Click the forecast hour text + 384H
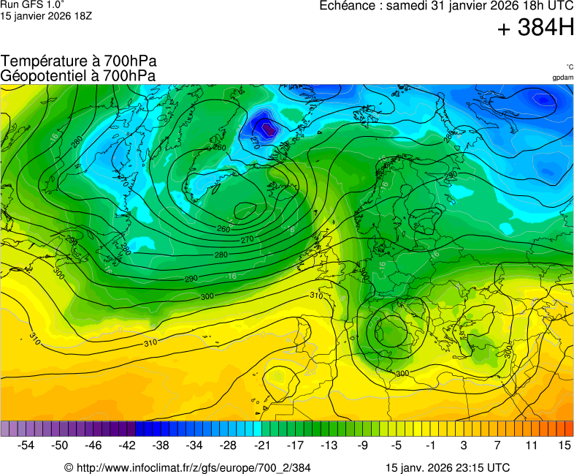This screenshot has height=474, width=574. coord(535,29)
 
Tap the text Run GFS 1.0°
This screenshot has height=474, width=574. coord(32,4)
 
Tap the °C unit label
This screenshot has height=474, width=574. coord(569,67)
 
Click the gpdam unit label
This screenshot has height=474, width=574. coord(562,77)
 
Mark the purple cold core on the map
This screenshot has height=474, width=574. coord(269,129)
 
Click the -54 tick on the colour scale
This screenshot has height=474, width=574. coord(26,445)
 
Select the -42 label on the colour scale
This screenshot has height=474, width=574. coord(127,445)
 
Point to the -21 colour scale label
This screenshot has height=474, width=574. coord(261,445)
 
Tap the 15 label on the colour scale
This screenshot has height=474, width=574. coord(564,445)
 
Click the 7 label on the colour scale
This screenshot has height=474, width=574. coord(497,445)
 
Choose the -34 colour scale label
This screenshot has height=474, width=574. coord(194,445)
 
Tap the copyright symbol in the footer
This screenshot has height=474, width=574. coord(69,467)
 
